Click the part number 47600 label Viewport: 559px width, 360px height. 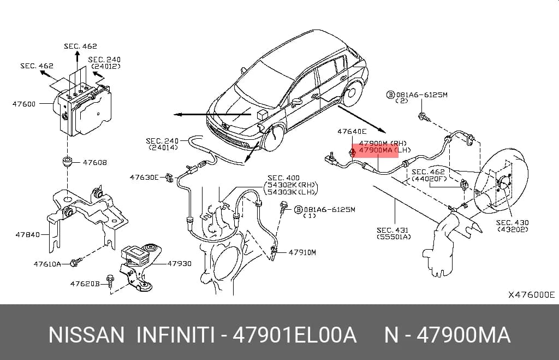point(24,104)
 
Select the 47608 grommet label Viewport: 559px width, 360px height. point(94,163)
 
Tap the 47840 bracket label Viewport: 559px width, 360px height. point(27,235)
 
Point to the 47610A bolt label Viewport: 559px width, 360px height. point(47,264)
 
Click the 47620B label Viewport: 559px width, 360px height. point(85,284)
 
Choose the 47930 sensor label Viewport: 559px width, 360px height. point(179,264)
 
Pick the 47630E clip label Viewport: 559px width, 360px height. point(144,178)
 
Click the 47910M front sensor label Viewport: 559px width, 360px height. point(302,252)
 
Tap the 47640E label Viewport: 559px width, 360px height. point(352,132)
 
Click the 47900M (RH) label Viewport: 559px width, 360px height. point(383,144)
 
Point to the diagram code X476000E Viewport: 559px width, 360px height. point(532,294)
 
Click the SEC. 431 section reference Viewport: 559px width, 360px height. point(393,231)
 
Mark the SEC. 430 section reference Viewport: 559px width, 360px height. point(512,223)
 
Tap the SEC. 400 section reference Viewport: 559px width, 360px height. point(283,178)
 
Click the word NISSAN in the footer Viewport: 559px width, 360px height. point(86,335)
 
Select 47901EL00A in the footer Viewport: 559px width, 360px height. point(294,335)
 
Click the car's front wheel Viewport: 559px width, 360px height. point(275,138)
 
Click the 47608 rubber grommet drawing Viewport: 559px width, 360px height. point(67,161)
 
